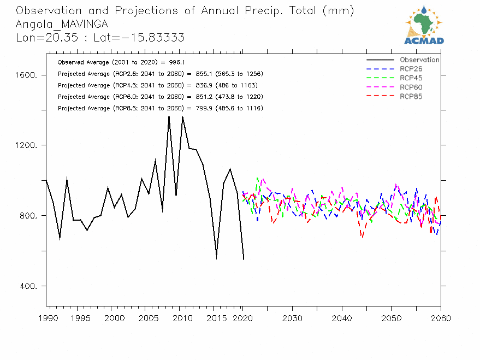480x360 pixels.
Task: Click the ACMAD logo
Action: pos(424,25)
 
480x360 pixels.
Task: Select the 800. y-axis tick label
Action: pos(27,216)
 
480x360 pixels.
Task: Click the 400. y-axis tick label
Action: pos(27,286)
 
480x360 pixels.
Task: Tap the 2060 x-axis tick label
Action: pos(440,318)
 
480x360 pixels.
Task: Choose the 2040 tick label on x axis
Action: pos(341,318)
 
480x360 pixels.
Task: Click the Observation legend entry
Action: pos(419,60)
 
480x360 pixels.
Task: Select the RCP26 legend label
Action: pos(411,69)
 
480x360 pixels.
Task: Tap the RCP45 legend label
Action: pos(411,78)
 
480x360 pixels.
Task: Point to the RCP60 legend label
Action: pos(411,87)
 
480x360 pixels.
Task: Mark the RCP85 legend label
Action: pos(411,97)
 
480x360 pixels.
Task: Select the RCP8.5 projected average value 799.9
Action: pos(201,108)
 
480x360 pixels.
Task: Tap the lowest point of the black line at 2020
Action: pos(244,259)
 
